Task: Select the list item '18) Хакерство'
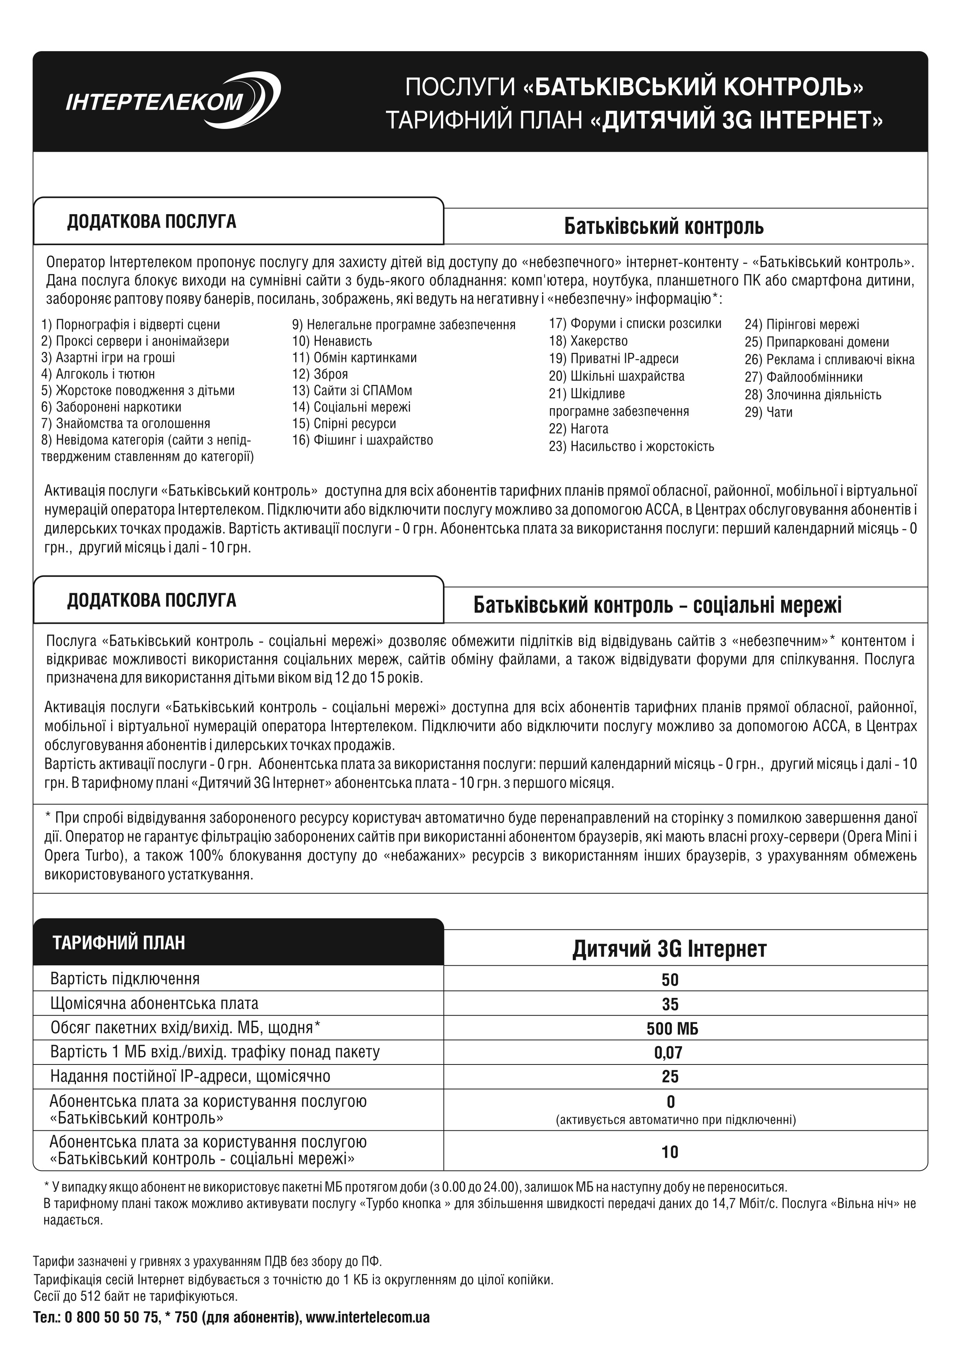[x=588, y=341]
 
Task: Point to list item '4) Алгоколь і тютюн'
[x=98, y=374]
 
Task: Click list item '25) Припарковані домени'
[x=816, y=342]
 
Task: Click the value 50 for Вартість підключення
[x=670, y=980]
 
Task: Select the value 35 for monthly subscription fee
[x=670, y=1004]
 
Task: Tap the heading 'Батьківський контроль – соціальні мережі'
[x=658, y=605]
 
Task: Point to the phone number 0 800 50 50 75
[x=112, y=1318]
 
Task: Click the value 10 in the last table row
[x=670, y=1152]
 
